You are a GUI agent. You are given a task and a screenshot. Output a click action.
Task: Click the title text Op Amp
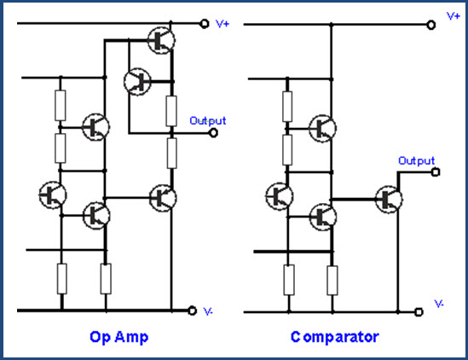pyautogui.click(x=118, y=337)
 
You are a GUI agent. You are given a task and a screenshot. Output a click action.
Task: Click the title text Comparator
pyautogui.click(x=334, y=337)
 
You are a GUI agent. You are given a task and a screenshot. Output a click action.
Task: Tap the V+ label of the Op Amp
pyautogui.click(x=222, y=24)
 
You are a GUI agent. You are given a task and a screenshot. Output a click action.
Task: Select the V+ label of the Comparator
pyautogui.click(x=453, y=16)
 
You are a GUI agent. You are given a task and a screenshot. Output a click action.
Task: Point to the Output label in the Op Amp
pyautogui.click(x=208, y=120)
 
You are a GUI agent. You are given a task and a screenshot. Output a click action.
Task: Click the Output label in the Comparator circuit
pyautogui.click(x=416, y=160)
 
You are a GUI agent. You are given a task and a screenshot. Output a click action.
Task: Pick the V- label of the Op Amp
pyautogui.click(x=208, y=311)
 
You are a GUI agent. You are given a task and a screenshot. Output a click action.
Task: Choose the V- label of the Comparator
pyautogui.click(x=439, y=304)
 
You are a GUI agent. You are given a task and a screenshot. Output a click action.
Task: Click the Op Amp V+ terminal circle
pyautogui.click(x=205, y=23)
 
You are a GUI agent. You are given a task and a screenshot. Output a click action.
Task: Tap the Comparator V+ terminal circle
pyautogui.click(x=431, y=25)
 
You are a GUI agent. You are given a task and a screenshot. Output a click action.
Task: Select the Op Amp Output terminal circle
pyautogui.click(x=213, y=132)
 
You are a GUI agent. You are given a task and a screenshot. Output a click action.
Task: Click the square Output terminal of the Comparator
pyautogui.click(x=436, y=172)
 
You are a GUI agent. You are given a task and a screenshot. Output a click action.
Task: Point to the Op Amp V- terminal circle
pyautogui.click(x=193, y=311)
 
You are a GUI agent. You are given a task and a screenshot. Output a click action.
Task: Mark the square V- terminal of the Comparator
pyautogui.click(x=419, y=312)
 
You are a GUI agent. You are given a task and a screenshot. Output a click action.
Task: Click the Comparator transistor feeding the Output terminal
pyautogui.click(x=389, y=199)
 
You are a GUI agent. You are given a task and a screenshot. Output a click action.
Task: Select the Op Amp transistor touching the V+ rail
pyautogui.click(x=161, y=40)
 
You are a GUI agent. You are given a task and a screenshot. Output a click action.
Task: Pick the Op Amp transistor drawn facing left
pyautogui.click(x=137, y=82)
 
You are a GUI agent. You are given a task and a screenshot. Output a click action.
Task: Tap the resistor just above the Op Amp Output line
pyautogui.click(x=171, y=111)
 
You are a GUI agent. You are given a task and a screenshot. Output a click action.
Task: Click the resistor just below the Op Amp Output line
pyautogui.click(x=171, y=154)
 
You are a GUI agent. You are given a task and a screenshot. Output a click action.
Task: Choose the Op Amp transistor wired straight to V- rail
pyautogui.click(x=163, y=198)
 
